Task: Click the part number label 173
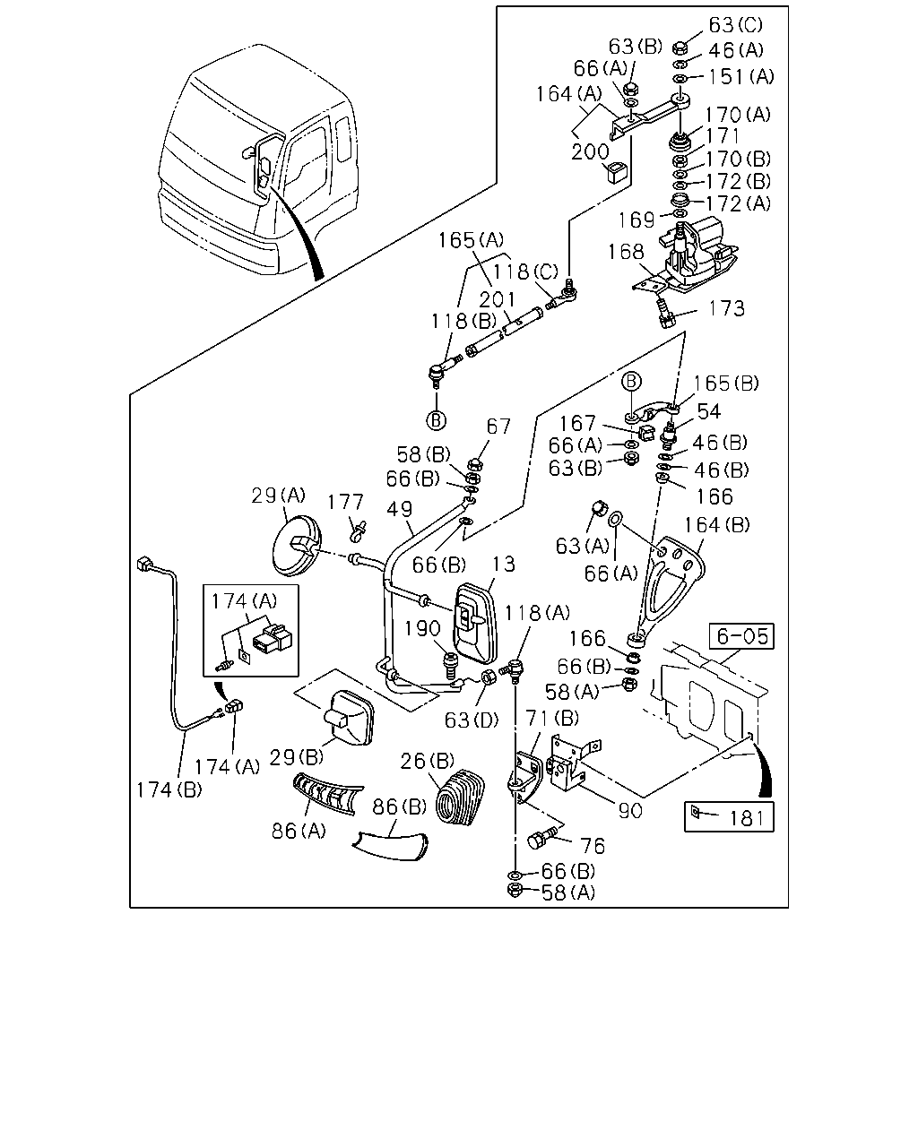726,308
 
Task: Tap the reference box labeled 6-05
741,636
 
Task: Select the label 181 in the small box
747,817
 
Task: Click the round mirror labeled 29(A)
296,546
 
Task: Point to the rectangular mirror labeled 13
474,623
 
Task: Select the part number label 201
498,300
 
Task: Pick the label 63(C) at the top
736,24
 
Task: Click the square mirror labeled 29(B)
348,718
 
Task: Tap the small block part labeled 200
616,172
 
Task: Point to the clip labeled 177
359,530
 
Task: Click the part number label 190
422,629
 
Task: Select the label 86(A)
299,831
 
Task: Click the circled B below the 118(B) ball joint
437,420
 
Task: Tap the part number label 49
400,509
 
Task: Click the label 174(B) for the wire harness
169,789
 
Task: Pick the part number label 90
630,811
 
